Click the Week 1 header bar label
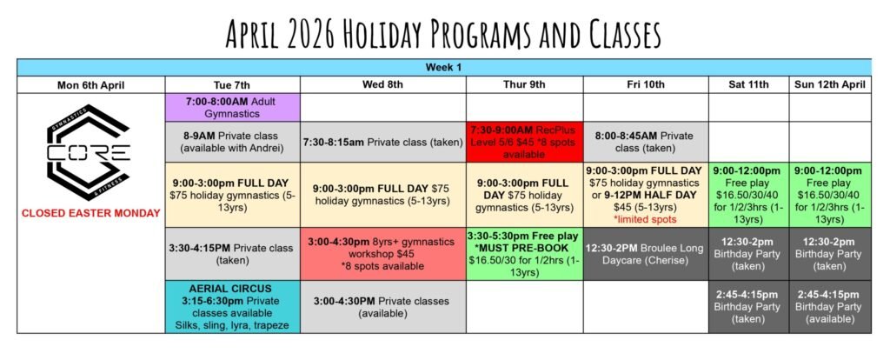[x=443, y=68]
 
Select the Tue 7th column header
[x=231, y=85]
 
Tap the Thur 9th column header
[x=524, y=85]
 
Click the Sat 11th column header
[x=748, y=85]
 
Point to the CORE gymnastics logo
[x=89, y=152]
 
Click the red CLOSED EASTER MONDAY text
[x=90, y=214]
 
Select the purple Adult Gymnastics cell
[x=233, y=108]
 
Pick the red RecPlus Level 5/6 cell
[x=524, y=142]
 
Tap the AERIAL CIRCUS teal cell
[x=233, y=307]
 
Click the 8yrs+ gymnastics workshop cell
[x=383, y=254]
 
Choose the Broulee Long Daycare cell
[x=646, y=254]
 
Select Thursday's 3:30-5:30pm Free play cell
[x=524, y=254]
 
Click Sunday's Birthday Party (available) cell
[x=829, y=307]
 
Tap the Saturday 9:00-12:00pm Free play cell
[x=748, y=195]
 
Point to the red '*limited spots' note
[x=645, y=219]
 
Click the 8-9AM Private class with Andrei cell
[x=233, y=142]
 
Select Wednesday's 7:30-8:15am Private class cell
[x=383, y=142]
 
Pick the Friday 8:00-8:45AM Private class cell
[x=646, y=142]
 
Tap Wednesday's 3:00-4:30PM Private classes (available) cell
[x=383, y=307]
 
